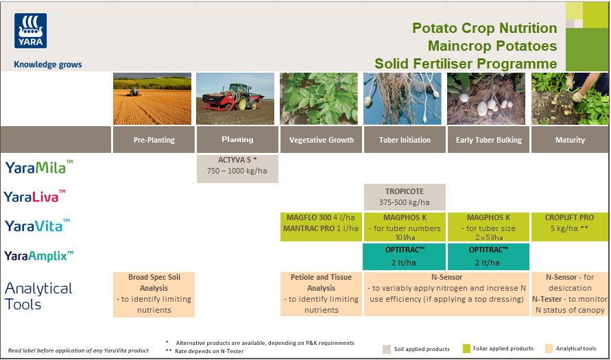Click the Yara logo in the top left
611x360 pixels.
tap(30, 33)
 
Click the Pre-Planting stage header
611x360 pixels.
tap(154, 140)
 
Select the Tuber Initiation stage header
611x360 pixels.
tap(405, 140)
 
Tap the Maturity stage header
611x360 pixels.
tap(570, 140)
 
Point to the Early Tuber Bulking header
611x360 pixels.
tap(488, 140)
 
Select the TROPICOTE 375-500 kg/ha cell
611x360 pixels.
tap(405, 197)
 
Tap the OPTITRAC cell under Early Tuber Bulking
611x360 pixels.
tap(488, 256)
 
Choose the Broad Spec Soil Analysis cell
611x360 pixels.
tap(154, 294)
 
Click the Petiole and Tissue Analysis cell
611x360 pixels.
tap(321, 294)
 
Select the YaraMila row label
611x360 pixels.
tap(39, 167)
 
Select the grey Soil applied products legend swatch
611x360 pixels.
tap(387, 348)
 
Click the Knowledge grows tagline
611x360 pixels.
tap(47, 65)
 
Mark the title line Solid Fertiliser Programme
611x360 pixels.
tap(466, 64)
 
